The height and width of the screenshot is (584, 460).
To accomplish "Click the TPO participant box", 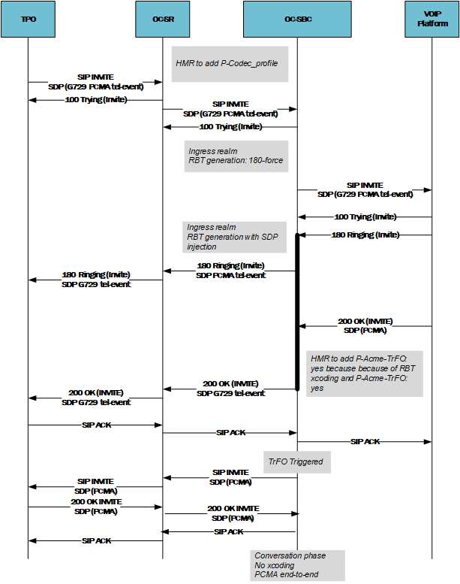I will point(28,19).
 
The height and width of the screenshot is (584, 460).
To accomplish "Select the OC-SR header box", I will point(162,19).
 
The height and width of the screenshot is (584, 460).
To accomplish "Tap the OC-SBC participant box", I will point(297,19).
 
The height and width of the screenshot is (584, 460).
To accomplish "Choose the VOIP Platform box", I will point(432,19).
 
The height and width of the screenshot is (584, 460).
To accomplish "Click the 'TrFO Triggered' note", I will point(297,461).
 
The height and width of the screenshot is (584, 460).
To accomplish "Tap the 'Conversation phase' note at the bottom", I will point(299,565).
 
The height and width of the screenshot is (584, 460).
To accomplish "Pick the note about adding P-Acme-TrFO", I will point(365,373).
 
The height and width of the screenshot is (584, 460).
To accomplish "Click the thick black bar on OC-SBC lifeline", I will point(297,312).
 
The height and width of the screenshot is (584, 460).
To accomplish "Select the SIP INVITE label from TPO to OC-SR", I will point(95,81).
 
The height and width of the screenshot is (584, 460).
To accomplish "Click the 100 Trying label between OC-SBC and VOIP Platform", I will point(365,216).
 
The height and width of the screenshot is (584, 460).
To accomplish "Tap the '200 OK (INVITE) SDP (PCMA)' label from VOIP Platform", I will point(365,325).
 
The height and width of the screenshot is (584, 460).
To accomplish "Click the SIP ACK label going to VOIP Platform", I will point(365,441).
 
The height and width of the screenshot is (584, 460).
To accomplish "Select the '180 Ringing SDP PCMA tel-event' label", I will point(230,271).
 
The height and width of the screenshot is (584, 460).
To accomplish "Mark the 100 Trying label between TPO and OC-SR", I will point(95,99).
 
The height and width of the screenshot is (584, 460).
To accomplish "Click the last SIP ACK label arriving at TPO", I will point(95,540).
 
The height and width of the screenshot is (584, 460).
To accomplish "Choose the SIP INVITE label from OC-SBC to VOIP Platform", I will point(365,189).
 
